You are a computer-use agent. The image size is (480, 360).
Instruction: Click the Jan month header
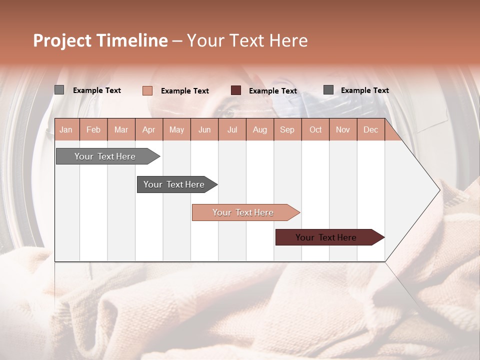(x=66, y=130)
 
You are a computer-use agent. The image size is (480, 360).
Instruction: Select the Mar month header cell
(x=121, y=130)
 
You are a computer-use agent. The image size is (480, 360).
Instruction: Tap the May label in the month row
(x=176, y=130)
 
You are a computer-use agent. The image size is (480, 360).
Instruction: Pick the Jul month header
(x=232, y=130)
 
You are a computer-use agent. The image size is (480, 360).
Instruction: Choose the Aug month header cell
(x=259, y=130)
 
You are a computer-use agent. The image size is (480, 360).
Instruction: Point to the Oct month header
(x=315, y=130)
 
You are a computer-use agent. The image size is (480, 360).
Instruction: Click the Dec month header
(x=370, y=130)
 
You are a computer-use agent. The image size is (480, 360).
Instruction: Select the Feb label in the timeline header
(x=93, y=130)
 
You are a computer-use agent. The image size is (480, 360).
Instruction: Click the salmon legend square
(x=147, y=90)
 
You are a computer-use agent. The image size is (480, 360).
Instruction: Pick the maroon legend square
(x=236, y=90)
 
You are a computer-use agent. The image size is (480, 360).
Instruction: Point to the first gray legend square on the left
(x=59, y=90)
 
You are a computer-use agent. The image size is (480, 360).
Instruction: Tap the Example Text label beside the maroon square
(x=273, y=91)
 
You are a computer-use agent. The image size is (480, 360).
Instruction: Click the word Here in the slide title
(x=288, y=40)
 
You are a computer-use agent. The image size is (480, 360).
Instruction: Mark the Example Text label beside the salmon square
(x=185, y=91)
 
